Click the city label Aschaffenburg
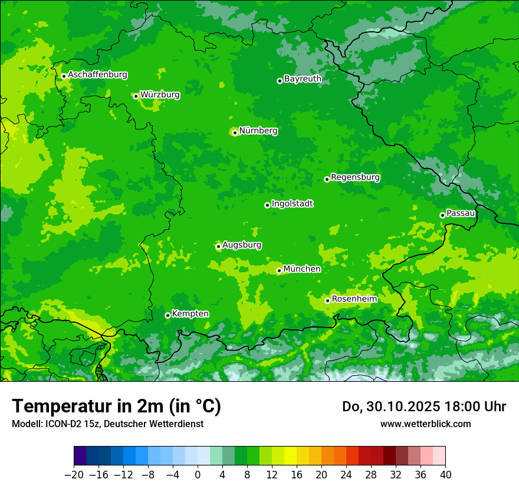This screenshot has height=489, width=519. (x=97, y=75)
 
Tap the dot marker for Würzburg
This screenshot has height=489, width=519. (x=136, y=96)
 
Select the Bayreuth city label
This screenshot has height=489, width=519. (x=303, y=78)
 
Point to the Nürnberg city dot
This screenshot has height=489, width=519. (x=235, y=133)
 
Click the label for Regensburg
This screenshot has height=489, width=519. (x=355, y=177)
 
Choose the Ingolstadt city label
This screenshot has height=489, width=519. (x=292, y=203)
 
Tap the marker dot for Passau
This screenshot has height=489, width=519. (x=442, y=215)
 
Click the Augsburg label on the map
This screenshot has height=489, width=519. (x=242, y=244)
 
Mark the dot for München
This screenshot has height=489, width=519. (x=279, y=271)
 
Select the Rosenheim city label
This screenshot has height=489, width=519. (x=354, y=299)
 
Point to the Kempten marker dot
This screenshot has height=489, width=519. (x=167, y=315)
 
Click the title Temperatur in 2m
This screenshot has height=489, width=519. (x=116, y=407)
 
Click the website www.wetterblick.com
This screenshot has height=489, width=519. (x=425, y=424)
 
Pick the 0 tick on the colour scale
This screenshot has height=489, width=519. (x=198, y=475)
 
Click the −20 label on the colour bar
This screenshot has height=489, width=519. (x=74, y=475)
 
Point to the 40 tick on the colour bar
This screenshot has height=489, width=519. (x=445, y=475)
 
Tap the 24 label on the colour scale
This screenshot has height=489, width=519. (x=346, y=475)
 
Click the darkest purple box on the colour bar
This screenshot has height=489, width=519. (x=80, y=456)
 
